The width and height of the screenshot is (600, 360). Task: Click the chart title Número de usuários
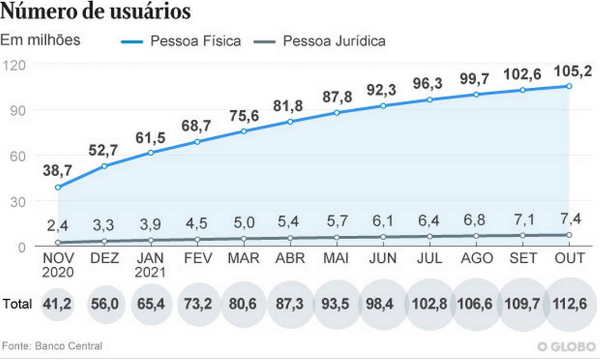click(x=96, y=12)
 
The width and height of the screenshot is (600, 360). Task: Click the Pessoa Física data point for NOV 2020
click(x=57, y=187)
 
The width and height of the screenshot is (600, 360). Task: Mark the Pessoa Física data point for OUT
click(x=569, y=86)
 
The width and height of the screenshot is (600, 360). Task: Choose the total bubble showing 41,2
click(x=57, y=303)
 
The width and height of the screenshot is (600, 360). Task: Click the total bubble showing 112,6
click(x=570, y=303)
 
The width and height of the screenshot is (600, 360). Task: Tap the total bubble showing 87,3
click(x=290, y=303)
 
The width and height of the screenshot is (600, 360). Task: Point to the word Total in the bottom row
click(x=17, y=303)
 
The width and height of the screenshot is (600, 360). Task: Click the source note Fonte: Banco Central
click(x=52, y=346)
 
